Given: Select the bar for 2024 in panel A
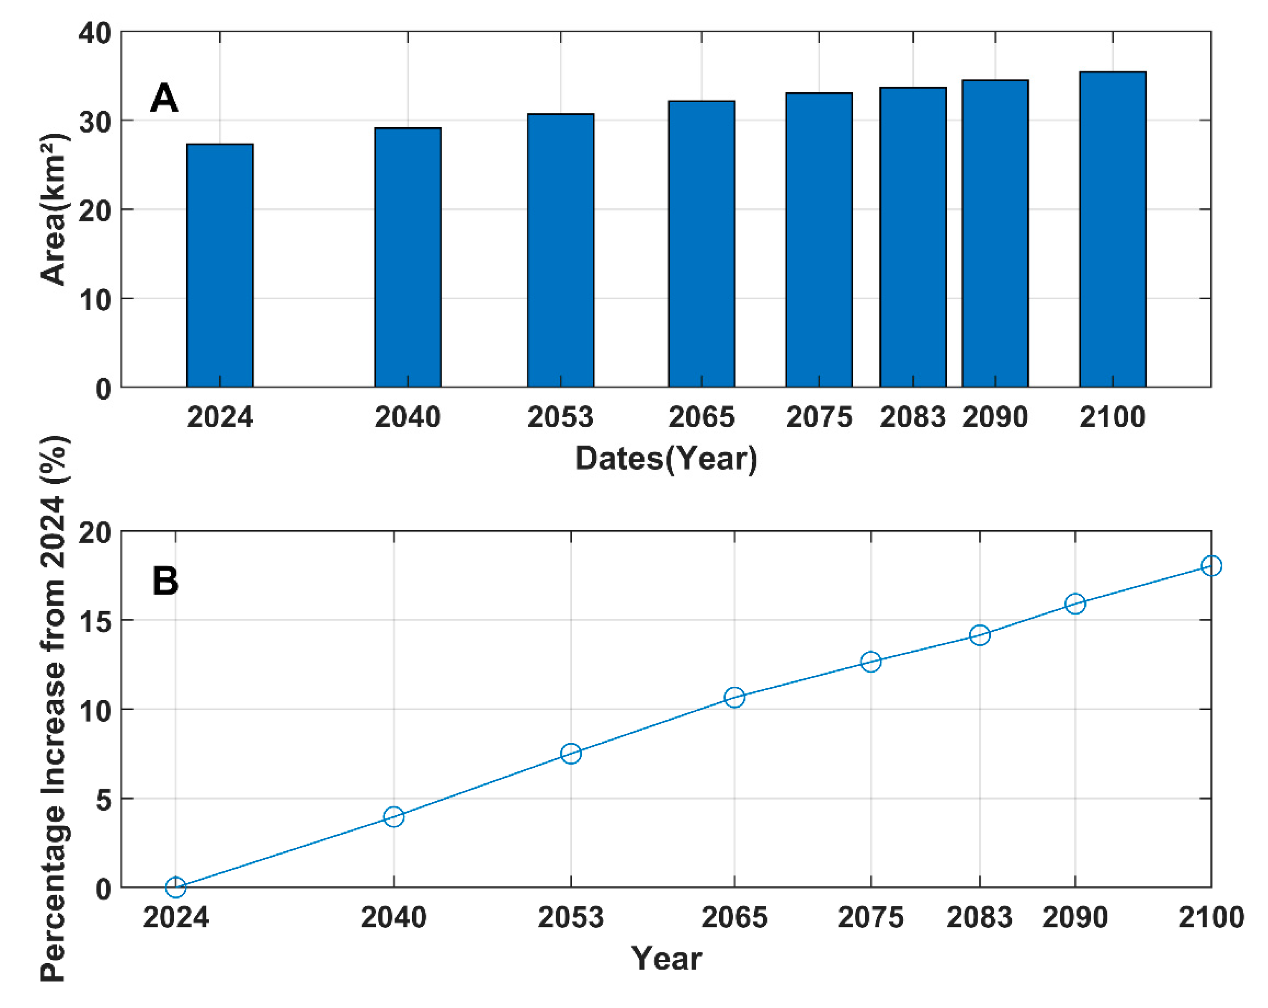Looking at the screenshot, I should click(220, 265).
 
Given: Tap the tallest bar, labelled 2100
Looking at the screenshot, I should click(1113, 229).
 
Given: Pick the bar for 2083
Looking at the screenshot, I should click(913, 237).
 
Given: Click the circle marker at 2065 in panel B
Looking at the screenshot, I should click(735, 697).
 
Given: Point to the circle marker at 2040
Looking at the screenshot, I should click(393, 817).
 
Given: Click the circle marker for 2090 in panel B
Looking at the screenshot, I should click(1075, 604).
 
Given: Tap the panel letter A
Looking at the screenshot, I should click(164, 98).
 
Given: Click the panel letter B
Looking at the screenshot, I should click(165, 581).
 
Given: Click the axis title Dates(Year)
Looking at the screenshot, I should click(666, 458).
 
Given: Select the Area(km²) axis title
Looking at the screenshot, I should click(54, 210).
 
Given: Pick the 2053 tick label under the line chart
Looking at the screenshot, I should click(571, 918).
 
